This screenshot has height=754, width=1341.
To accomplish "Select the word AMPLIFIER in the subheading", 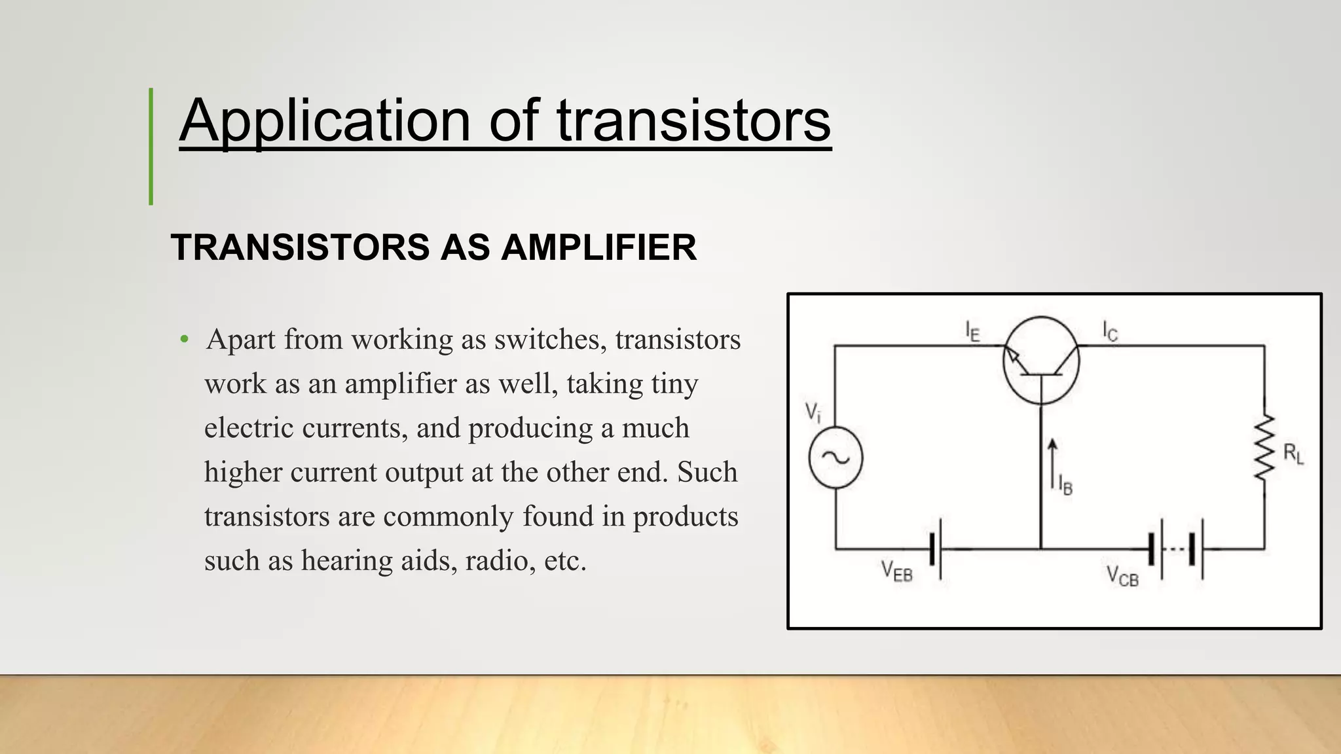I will coord(598,247).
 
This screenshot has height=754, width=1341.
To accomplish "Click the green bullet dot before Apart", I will coord(185,340).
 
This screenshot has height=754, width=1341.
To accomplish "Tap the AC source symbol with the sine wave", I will coord(836,458).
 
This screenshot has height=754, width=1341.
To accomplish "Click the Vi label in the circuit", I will coord(812,413).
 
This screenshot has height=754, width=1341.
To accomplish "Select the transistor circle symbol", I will coord(1041,361).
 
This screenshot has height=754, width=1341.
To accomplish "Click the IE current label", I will coord(972,331).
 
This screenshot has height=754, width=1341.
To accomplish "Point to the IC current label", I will coord(1110,331).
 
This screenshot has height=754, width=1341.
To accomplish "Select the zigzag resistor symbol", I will coord(1264,446).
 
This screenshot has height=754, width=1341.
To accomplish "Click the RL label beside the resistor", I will coord(1293,454).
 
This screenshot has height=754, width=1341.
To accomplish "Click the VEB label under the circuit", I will coord(896,571).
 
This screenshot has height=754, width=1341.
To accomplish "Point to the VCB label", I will coord(1122,576).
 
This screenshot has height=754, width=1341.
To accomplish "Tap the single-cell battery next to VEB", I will coord(936,549).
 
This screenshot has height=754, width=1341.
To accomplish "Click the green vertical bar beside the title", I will coord(151,147).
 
